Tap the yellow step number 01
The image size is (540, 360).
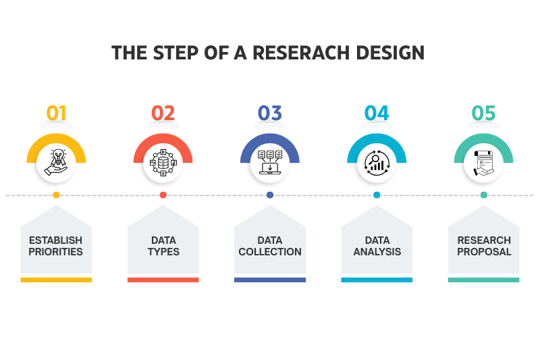(x=56, y=113)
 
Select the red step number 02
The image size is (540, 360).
(x=163, y=113)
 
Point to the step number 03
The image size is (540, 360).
(x=270, y=113)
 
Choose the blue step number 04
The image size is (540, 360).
(x=377, y=113)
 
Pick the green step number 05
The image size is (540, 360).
(x=483, y=113)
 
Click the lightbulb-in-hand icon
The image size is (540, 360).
(x=56, y=163)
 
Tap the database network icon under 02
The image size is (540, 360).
(x=163, y=163)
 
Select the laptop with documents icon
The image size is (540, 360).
(x=270, y=163)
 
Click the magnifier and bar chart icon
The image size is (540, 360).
(x=377, y=163)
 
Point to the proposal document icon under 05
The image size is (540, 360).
(x=483, y=163)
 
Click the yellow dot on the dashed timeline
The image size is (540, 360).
(x=56, y=195)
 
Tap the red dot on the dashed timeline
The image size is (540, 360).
(x=163, y=195)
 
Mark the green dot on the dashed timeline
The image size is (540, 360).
(x=483, y=195)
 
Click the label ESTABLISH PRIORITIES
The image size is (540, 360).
(x=56, y=246)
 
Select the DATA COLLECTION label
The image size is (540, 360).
(x=270, y=246)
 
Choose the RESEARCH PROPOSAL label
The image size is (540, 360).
(x=483, y=246)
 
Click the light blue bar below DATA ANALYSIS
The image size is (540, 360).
(x=377, y=280)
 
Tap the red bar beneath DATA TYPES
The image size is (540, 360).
(x=163, y=280)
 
